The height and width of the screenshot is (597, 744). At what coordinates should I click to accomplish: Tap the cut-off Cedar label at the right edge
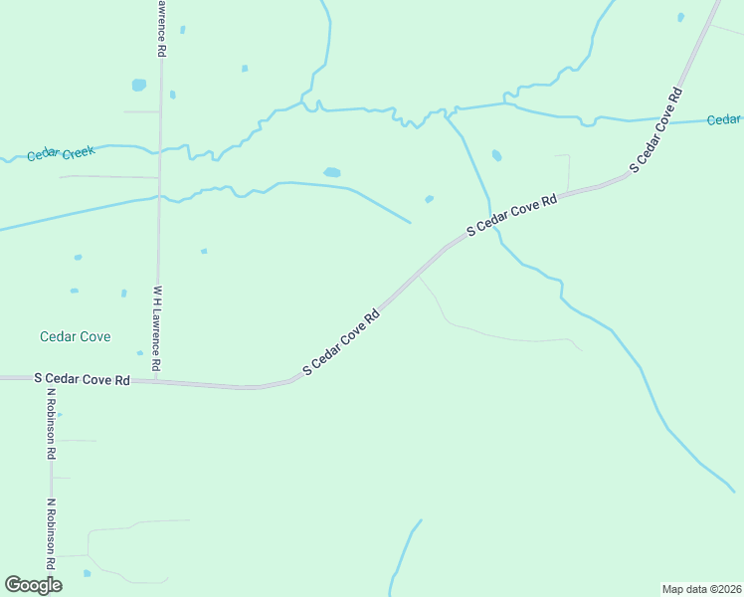(x=724, y=119)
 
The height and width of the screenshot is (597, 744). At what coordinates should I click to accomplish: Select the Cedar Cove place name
(x=75, y=336)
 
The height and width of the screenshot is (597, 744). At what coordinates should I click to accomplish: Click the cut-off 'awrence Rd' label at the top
(x=159, y=28)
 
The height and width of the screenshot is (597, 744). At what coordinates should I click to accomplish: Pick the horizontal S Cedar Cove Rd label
(x=82, y=379)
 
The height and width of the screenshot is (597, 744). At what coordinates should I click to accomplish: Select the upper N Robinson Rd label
(x=51, y=423)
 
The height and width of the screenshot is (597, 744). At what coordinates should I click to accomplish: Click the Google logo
(x=33, y=585)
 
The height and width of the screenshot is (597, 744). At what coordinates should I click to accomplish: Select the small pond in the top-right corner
(x=680, y=17)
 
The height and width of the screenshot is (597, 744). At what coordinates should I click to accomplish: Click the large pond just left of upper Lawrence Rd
(x=138, y=85)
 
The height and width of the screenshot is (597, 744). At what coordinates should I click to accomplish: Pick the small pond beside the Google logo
(x=87, y=573)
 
